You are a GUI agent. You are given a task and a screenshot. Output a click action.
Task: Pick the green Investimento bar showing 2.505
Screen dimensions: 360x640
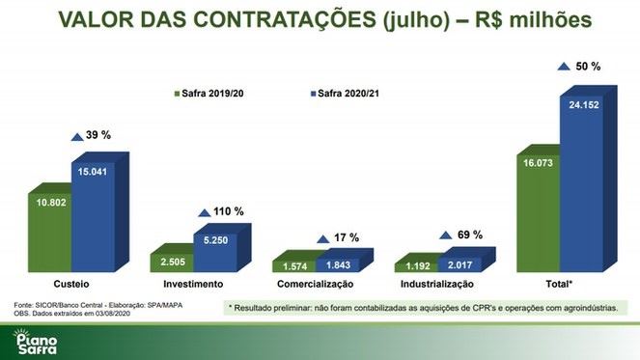171,261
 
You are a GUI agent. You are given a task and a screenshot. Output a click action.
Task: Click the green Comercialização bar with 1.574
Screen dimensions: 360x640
292,264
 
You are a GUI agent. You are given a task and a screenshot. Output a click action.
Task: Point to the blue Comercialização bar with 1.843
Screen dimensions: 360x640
337,263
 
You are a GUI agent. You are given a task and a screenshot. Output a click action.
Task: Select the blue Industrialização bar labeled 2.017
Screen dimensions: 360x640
458,263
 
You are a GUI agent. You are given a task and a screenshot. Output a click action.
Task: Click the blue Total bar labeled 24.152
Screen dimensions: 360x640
583,183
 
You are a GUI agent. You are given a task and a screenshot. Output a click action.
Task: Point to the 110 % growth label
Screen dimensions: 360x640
229,211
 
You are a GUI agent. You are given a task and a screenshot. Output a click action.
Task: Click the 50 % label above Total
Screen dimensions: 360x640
589,67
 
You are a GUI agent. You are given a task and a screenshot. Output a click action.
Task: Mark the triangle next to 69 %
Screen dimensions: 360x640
445,235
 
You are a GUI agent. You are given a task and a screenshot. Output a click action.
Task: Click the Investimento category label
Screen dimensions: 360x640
193,285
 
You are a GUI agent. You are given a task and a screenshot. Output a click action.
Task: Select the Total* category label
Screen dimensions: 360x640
561,285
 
